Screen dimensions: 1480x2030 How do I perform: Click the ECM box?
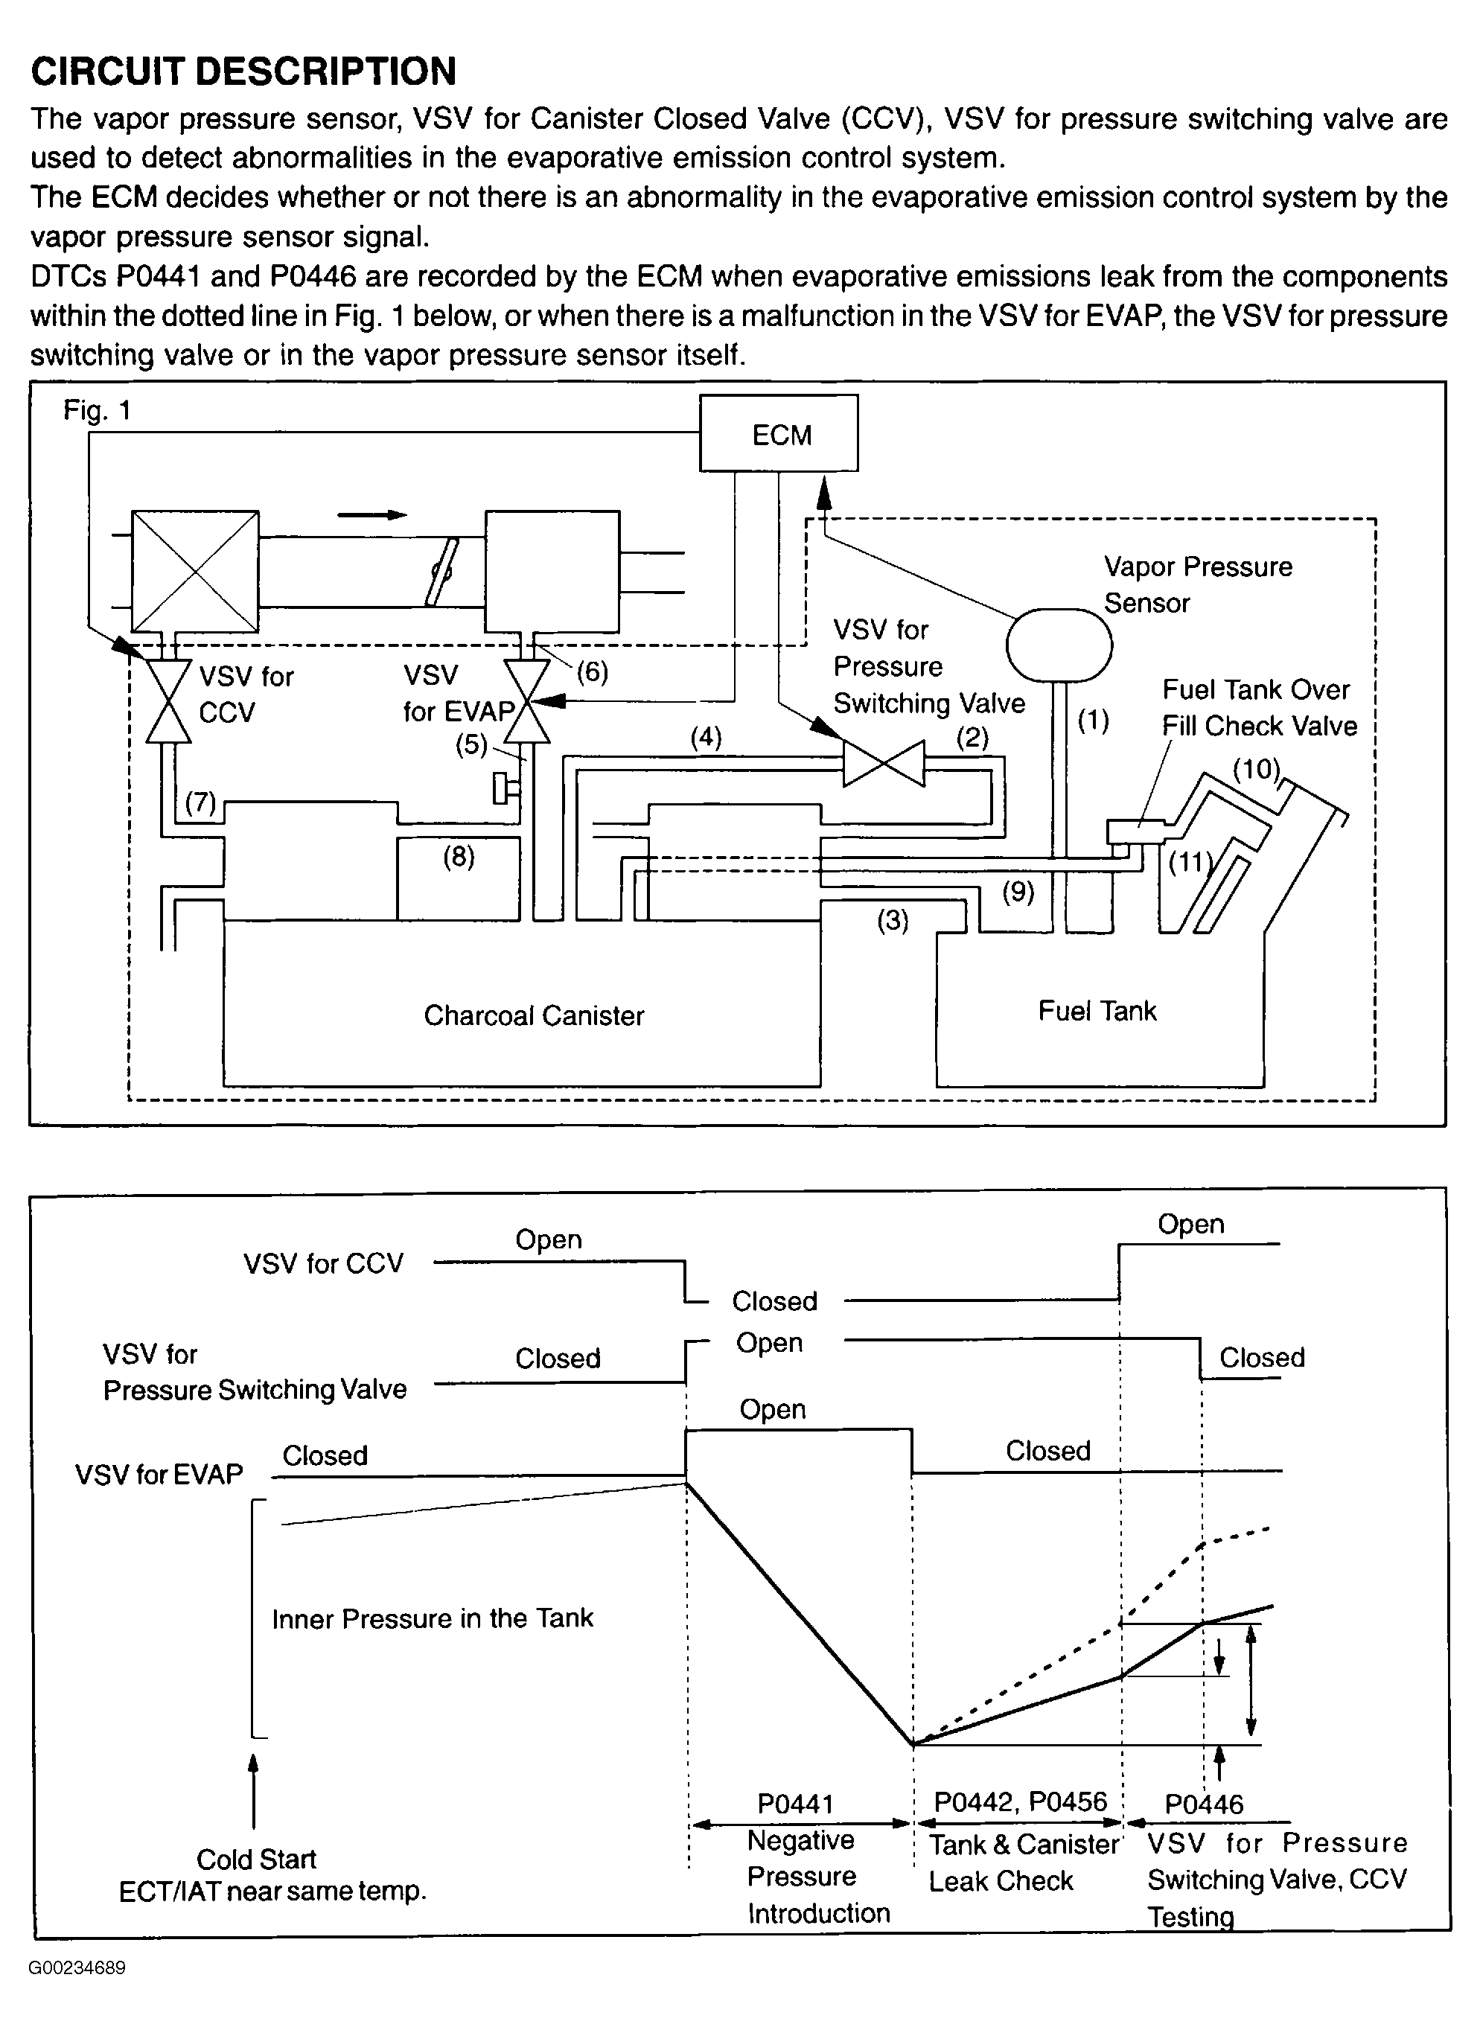point(779,433)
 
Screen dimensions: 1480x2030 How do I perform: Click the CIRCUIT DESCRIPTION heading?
point(243,71)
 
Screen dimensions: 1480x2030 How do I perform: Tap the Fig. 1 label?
point(98,410)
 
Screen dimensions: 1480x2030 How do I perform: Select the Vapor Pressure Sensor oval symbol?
point(1059,645)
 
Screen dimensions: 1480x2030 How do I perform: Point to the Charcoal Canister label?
point(534,1015)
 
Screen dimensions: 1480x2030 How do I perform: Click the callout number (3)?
point(893,920)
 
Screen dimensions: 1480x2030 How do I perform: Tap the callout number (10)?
point(1257,769)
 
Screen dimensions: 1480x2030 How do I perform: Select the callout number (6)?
point(592,672)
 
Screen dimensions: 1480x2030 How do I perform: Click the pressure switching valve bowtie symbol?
point(884,763)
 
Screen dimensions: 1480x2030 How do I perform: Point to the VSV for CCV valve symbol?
point(168,701)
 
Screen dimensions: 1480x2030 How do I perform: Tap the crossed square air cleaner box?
point(195,572)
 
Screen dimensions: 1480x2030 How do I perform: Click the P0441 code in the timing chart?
point(796,1804)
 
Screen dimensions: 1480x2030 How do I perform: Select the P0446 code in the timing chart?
point(1204,1804)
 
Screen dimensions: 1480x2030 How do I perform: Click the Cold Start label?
point(256,1859)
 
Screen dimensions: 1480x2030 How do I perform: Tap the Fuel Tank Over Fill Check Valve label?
point(1260,708)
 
